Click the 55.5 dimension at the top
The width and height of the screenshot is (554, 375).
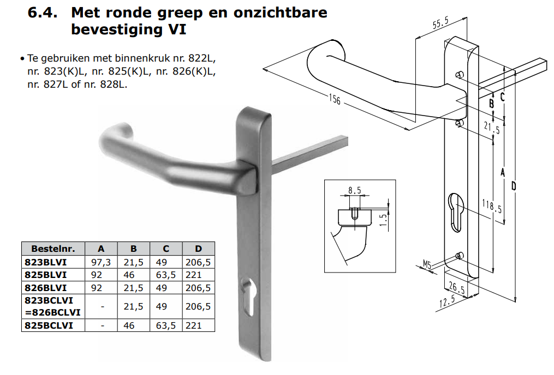(440, 22)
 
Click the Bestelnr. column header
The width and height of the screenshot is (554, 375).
(53, 249)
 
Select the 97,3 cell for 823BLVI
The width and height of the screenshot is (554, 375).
(100, 262)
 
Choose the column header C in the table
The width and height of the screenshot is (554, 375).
(166, 249)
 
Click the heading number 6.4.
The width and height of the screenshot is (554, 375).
(43, 13)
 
